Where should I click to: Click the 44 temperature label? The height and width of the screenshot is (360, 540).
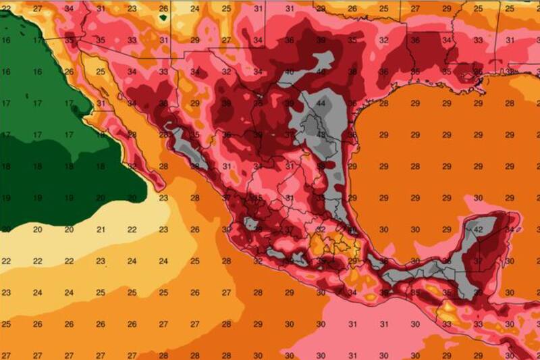[x=321, y=103]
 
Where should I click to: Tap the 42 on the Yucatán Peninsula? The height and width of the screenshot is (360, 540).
[x=478, y=230]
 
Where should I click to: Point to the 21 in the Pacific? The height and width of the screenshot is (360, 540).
[x=101, y=230]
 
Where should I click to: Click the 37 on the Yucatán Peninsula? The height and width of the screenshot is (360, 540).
[x=478, y=261]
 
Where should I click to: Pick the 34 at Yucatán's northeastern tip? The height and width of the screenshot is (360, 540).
[x=510, y=230]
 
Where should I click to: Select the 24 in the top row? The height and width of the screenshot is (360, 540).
[x=195, y=9]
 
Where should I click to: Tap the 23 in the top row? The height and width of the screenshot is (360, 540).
[x=132, y=9]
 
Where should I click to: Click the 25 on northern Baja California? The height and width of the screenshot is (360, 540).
[x=101, y=72]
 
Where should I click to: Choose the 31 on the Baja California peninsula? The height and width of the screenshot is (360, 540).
[x=101, y=103]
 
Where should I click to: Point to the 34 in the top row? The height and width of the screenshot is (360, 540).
[x=70, y=9]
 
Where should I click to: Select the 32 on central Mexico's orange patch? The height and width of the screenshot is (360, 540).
[x=321, y=230]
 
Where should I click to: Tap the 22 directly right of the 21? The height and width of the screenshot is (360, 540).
[x=132, y=230]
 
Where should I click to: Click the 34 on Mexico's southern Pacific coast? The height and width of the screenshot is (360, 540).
[x=352, y=292]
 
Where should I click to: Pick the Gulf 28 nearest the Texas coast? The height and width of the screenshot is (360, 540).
[x=384, y=103]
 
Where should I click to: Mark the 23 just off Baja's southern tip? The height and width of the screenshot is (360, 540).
[x=164, y=198]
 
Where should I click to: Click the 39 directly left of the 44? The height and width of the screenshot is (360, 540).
[x=290, y=103]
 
